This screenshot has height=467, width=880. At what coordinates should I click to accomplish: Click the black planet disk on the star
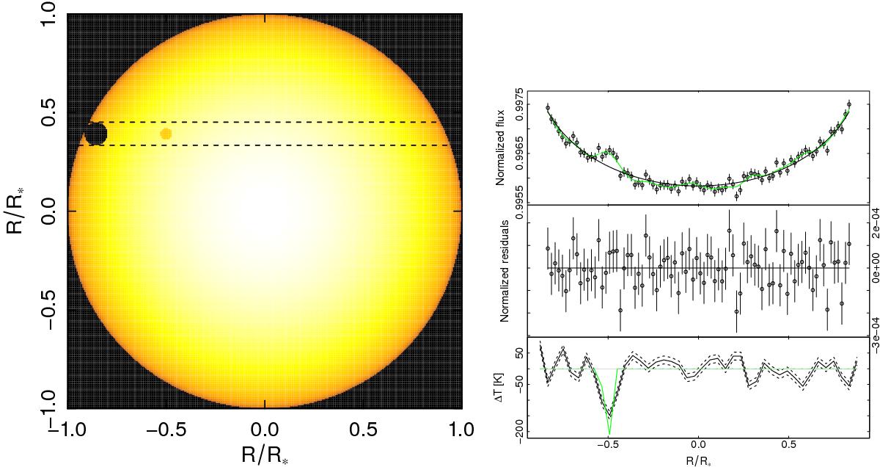[x=96, y=134]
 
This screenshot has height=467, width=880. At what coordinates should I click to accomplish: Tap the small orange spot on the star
[x=166, y=134]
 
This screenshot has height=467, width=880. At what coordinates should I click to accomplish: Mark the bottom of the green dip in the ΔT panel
[x=609, y=435]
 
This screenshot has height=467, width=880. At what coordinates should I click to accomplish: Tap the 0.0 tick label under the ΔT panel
[x=697, y=445]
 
